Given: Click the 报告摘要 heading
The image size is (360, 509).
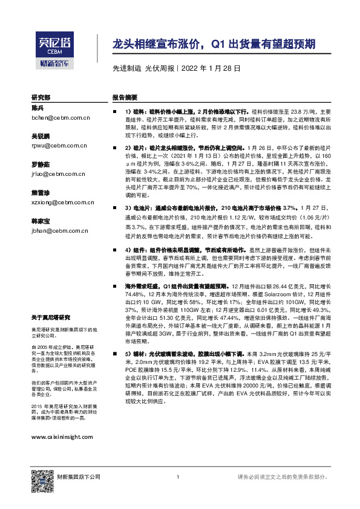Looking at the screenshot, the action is (124, 97).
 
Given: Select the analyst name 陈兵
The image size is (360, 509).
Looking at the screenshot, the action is (38, 108).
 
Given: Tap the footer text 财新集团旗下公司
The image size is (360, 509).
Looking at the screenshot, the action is (79, 479).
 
